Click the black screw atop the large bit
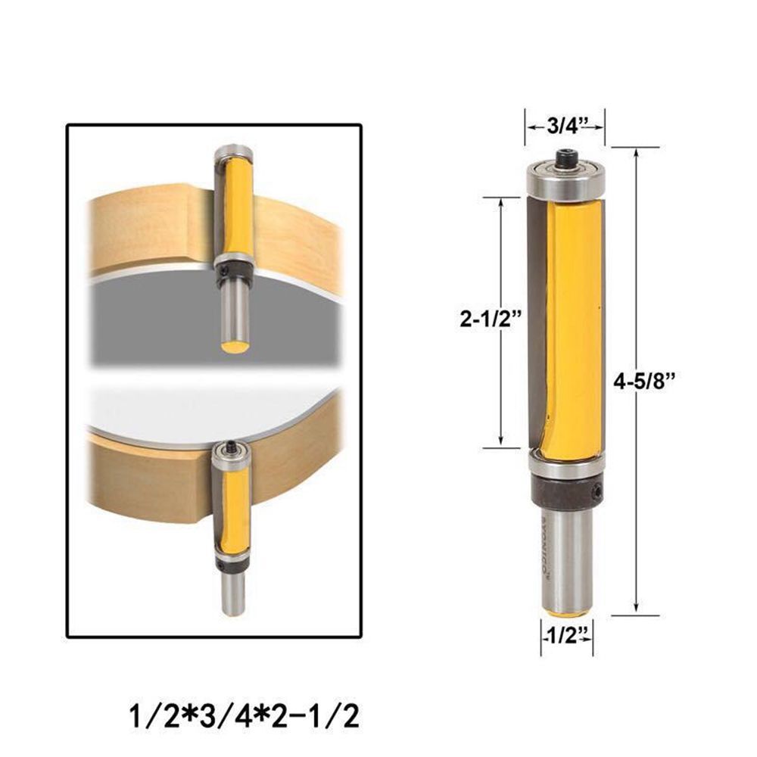pyautogui.click(x=566, y=158)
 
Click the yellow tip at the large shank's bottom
pyautogui.click(x=566, y=609)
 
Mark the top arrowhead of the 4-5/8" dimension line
pyautogui.click(x=636, y=152)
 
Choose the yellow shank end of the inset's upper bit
pyautogui.click(x=235, y=347)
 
